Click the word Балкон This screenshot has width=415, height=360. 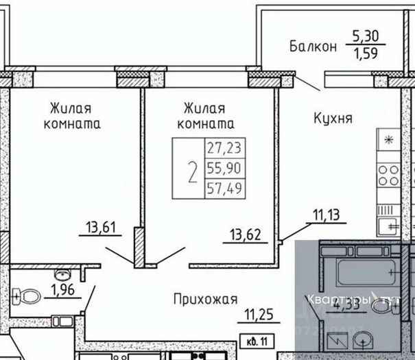pos(313,47)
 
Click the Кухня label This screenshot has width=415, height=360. pos(333,119)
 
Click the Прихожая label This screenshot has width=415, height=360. pos(205,299)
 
